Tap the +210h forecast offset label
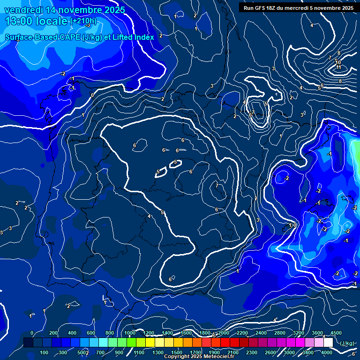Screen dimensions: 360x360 click(83, 21)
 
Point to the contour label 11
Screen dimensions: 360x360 click(338, 67)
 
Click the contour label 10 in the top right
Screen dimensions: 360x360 click(338, 62)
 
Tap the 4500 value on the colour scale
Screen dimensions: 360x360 click(336, 333)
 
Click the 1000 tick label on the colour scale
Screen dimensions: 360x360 click(129, 333)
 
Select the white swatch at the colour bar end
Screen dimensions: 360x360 click(328, 343)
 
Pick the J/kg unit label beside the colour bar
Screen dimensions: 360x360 click(346, 343)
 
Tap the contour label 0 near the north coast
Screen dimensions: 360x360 click(92, 95)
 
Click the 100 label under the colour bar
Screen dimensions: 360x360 click(44, 352)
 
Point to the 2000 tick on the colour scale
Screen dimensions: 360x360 click(223, 333)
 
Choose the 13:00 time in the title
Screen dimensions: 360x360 click(23, 21)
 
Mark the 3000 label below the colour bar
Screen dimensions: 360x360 click(289, 352)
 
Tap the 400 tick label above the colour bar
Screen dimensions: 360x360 click(72, 333)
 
